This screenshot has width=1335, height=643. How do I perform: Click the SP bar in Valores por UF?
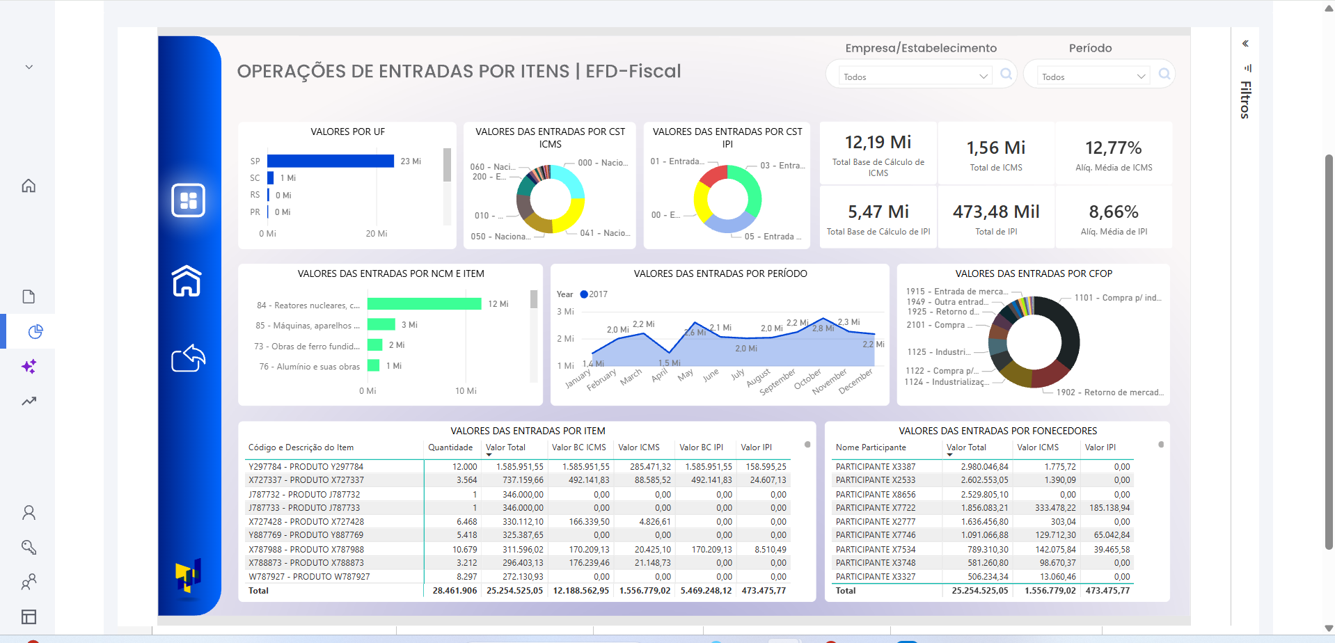(330, 161)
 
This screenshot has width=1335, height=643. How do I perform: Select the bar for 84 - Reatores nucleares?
(424, 304)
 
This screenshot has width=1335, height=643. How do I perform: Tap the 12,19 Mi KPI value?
(878, 143)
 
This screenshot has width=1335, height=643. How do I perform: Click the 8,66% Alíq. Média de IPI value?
(1113, 212)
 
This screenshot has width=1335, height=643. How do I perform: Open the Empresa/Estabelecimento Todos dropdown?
(915, 77)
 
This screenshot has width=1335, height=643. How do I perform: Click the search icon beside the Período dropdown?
(1164, 74)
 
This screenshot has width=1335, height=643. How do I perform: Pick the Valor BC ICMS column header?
(578, 447)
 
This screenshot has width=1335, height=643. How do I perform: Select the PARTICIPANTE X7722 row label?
(875, 508)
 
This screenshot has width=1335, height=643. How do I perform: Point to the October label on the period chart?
(807, 379)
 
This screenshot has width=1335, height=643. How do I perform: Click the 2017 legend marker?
(584, 294)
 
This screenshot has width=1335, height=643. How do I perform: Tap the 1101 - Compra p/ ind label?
(1116, 298)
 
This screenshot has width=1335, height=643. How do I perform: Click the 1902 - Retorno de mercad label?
(1109, 392)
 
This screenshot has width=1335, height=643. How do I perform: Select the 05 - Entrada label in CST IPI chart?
(772, 237)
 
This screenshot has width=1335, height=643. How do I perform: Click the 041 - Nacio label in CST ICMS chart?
(604, 233)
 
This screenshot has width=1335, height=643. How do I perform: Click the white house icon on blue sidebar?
(187, 281)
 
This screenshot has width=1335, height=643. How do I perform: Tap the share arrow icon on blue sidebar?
(188, 358)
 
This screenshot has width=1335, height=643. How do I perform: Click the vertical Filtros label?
(1245, 100)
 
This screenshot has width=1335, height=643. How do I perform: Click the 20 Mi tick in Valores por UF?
(376, 234)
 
